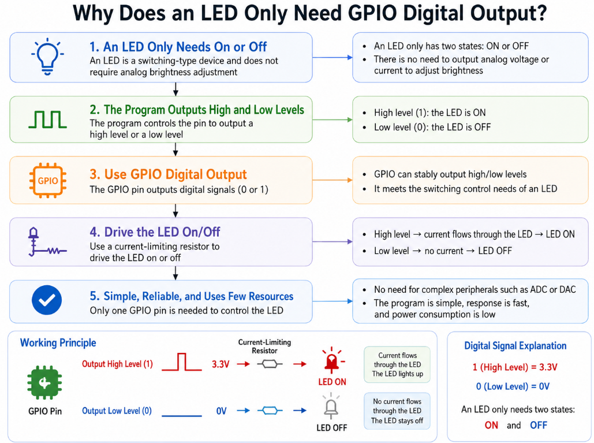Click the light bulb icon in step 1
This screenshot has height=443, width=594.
(47, 57)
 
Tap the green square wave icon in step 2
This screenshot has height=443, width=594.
(48, 120)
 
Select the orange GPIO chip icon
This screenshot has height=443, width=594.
(48, 180)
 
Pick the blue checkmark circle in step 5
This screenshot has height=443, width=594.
(47, 300)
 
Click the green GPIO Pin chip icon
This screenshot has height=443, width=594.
(44, 383)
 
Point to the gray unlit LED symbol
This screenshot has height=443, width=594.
(331, 406)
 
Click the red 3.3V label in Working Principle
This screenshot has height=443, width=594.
(221, 364)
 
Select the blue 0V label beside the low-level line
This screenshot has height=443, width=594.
(221, 411)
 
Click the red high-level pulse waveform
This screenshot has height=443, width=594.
(182, 362)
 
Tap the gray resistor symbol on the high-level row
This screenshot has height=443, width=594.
(270, 364)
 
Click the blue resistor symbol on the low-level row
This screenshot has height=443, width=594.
(270, 411)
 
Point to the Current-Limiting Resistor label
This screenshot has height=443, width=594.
(264, 347)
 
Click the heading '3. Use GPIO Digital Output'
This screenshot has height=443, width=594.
(168, 174)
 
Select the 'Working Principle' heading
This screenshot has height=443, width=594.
(58, 343)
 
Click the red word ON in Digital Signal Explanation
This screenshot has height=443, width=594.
(491, 425)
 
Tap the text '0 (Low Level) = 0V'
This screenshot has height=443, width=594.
(513, 386)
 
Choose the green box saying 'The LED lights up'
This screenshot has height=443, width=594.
(397, 364)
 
